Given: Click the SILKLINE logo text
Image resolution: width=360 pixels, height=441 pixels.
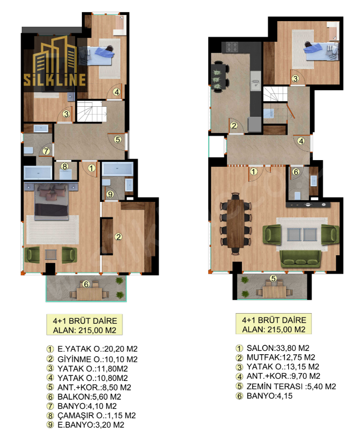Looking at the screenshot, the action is point(55,80).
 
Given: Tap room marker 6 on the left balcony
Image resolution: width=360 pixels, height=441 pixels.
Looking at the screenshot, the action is point(86,284).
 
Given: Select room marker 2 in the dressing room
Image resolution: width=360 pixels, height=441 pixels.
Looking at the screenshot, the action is point(119,237).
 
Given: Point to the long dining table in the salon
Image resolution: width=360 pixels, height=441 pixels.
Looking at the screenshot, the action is point(235,224).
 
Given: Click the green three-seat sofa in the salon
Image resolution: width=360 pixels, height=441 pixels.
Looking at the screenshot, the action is point(300,259).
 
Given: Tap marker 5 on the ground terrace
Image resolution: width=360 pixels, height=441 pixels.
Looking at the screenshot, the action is point(273,279).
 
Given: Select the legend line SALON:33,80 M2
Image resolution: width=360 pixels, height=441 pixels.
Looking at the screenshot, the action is point(278,348).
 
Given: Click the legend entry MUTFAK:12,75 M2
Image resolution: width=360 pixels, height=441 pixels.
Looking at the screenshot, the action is point(280,358).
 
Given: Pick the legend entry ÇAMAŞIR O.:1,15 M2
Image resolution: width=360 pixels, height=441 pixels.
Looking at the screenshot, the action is point(97,415).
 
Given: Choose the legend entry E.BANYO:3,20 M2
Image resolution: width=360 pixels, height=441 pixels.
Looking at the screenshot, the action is point(91,425).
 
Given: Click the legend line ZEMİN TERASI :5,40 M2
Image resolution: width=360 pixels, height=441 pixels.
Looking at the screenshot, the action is point(292,387).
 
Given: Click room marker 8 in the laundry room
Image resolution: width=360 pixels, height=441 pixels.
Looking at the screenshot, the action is point(65,166).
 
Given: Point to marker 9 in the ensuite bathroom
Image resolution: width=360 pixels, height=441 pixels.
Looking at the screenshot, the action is point(110,194).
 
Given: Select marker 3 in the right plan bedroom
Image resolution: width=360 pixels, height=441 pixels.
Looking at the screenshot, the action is point(295,78).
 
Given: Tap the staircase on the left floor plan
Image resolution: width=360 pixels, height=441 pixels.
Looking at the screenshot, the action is point(91,111).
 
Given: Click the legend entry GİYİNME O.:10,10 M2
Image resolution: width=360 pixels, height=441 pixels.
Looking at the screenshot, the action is point(97,359).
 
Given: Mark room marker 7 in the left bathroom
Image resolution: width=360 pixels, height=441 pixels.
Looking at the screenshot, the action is point(46,151).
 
